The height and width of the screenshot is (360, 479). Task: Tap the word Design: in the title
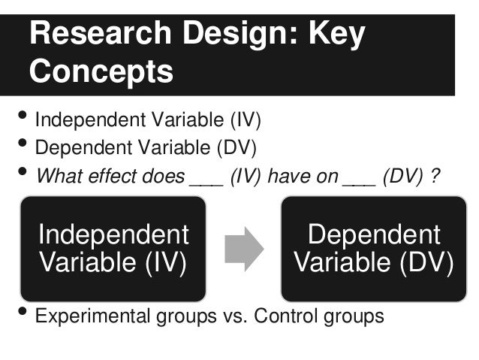coord(236,34)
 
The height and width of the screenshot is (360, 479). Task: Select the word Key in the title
coord(336,34)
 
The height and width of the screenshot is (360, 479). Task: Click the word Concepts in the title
coord(101,72)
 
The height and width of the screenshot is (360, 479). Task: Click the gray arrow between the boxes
coord(244,248)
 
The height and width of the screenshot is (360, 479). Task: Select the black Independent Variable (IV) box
coord(113,249)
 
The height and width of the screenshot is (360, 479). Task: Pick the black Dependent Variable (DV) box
coord(373,249)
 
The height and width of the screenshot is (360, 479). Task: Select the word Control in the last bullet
coord(286,316)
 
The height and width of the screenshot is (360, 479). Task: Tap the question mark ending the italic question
coord(434,177)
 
